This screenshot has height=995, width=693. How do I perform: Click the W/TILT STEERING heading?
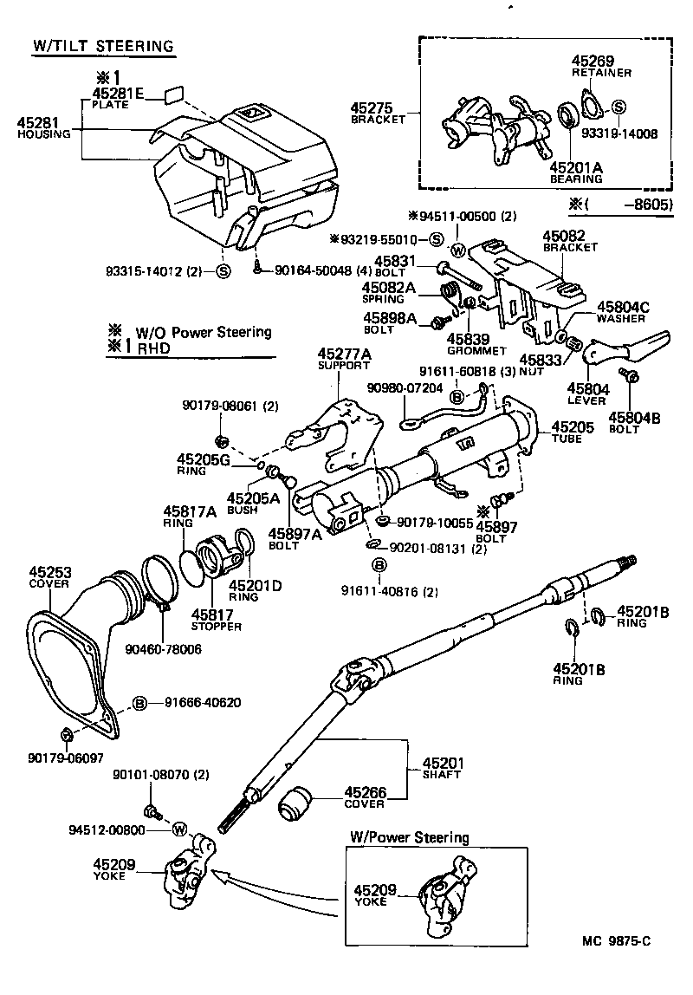103,46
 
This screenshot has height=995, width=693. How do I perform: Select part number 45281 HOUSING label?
38,128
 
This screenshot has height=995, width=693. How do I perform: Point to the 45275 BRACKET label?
378,113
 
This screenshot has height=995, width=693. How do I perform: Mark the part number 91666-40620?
198,702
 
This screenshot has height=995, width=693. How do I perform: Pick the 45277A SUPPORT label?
344,359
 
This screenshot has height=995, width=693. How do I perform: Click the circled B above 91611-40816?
379,566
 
